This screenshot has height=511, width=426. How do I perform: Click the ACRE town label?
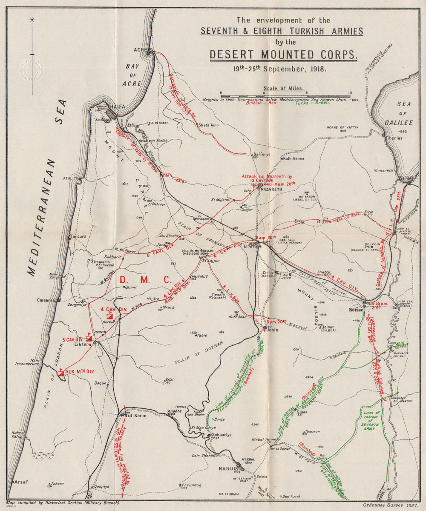[x=140, y=50]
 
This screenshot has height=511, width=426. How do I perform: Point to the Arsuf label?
[x=20, y=482]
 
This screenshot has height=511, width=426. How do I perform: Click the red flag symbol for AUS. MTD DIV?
[x=61, y=373]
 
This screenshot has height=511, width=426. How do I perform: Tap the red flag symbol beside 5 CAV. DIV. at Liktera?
[x=89, y=338]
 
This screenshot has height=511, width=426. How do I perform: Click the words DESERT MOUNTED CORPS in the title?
[x=283, y=55]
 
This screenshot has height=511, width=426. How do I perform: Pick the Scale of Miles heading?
[x=284, y=89]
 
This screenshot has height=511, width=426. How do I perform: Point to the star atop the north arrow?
[x=33, y=19]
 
